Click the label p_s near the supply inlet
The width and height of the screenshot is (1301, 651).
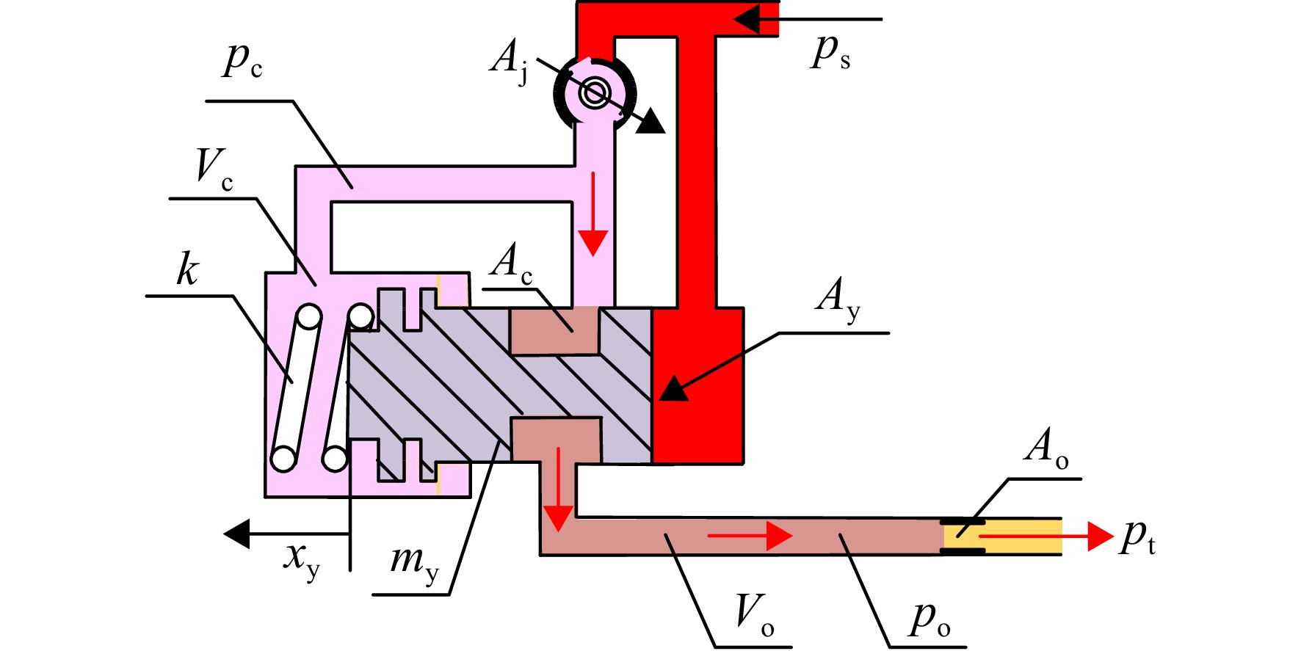click(830, 53)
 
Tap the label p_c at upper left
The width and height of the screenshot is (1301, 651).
click(242, 59)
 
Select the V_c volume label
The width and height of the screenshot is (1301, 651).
click(214, 169)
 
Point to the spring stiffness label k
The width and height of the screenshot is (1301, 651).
click(187, 269)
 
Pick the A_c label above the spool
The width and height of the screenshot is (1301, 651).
click(512, 263)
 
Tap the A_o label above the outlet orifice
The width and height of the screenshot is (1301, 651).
click(1047, 448)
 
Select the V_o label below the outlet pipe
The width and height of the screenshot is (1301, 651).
click(755, 615)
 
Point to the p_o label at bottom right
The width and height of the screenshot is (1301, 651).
click(930, 618)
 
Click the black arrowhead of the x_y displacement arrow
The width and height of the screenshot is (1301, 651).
click(236, 534)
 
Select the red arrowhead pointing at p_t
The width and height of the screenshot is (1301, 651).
click(1101, 537)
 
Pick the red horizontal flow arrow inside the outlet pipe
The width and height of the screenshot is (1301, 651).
click(750, 536)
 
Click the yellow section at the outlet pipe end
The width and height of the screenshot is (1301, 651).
click(1003, 537)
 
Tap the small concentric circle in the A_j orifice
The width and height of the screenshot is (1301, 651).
click(594, 93)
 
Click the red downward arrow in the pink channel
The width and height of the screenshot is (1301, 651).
click(592, 214)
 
